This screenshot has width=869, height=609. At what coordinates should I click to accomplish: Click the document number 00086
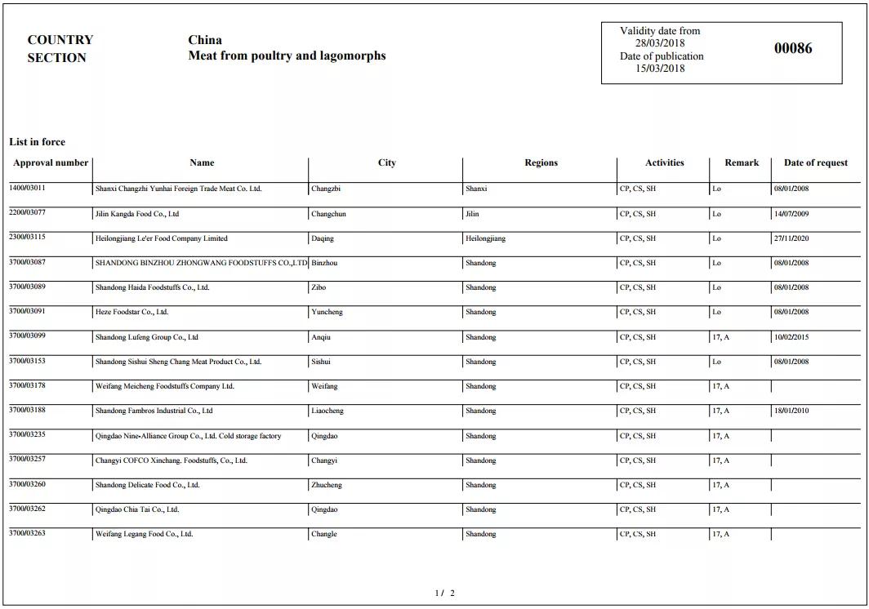(x=793, y=48)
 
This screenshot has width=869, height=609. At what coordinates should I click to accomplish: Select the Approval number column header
(x=51, y=162)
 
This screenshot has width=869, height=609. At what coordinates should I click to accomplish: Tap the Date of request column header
(x=815, y=162)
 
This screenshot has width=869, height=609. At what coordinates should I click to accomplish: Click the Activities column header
(x=664, y=162)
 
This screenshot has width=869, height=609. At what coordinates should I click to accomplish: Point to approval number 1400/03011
(x=27, y=189)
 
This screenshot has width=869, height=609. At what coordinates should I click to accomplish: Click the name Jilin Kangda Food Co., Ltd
(x=136, y=214)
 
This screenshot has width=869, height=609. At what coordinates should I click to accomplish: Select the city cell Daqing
(x=323, y=238)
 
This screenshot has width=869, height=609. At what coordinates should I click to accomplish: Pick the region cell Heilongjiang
(x=485, y=238)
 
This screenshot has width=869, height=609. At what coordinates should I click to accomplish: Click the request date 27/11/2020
(x=791, y=238)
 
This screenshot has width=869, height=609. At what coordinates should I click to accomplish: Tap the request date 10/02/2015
(x=791, y=337)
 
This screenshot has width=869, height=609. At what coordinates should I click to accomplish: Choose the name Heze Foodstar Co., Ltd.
(x=131, y=312)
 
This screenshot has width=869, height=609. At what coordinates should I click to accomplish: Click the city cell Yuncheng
(x=327, y=312)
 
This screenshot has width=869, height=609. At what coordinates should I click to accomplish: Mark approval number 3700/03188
(x=27, y=410)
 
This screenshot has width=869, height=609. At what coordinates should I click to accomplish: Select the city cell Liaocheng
(x=328, y=411)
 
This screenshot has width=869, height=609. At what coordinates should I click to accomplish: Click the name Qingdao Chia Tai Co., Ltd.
(x=136, y=509)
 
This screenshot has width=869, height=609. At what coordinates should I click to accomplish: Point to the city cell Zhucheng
(x=327, y=485)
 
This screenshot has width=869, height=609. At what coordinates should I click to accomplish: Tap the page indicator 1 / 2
(x=444, y=593)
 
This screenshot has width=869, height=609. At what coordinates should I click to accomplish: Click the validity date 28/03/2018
(x=660, y=43)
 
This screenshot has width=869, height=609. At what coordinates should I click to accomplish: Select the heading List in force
(x=37, y=142)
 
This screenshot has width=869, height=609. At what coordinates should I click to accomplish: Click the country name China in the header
(x=205, y=40)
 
